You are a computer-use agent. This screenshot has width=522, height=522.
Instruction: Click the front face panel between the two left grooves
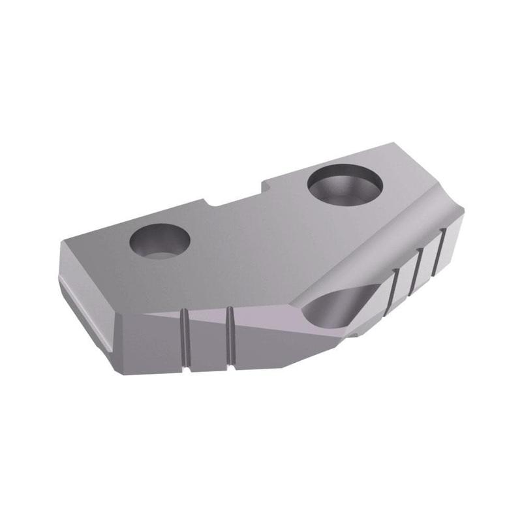(x=207, y=343)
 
